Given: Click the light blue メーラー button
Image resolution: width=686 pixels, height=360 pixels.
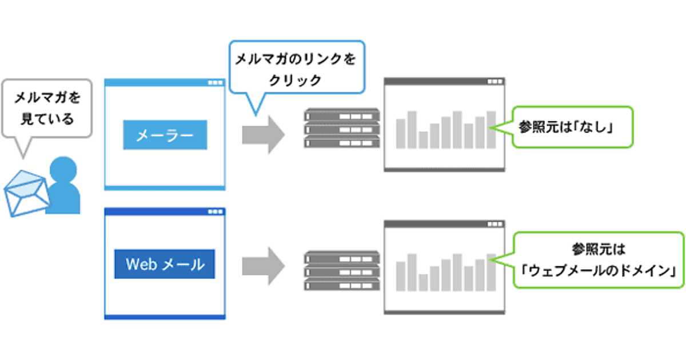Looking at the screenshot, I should tap(165, 135).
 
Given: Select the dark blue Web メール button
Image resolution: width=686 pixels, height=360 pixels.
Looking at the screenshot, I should tap(165, 264).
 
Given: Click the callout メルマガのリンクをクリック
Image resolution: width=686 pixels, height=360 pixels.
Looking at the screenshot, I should tap(296, 67).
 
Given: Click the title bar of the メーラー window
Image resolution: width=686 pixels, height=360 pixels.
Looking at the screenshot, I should tap(165, 82).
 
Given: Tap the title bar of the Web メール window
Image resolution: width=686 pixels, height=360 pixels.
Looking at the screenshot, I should tap(165, 211).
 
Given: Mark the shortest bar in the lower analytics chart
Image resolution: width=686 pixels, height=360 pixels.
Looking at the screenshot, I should tap(423, 282).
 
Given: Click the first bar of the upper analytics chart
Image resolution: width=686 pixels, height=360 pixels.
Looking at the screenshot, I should tap(401, 133).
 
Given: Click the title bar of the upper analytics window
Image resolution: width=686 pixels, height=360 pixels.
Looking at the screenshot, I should tap(445, 81).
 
